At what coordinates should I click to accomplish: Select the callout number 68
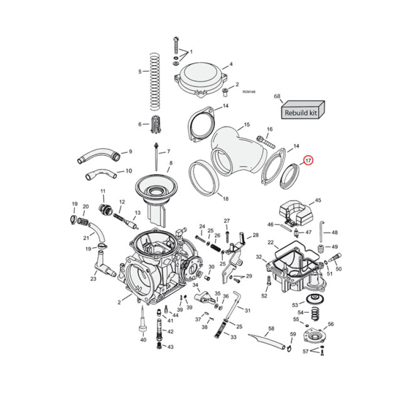coord(277,96)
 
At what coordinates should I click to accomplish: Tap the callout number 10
coord(129,171)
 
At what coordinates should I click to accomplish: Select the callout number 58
coord(271,328)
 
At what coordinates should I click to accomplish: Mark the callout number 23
coord(93,278)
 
